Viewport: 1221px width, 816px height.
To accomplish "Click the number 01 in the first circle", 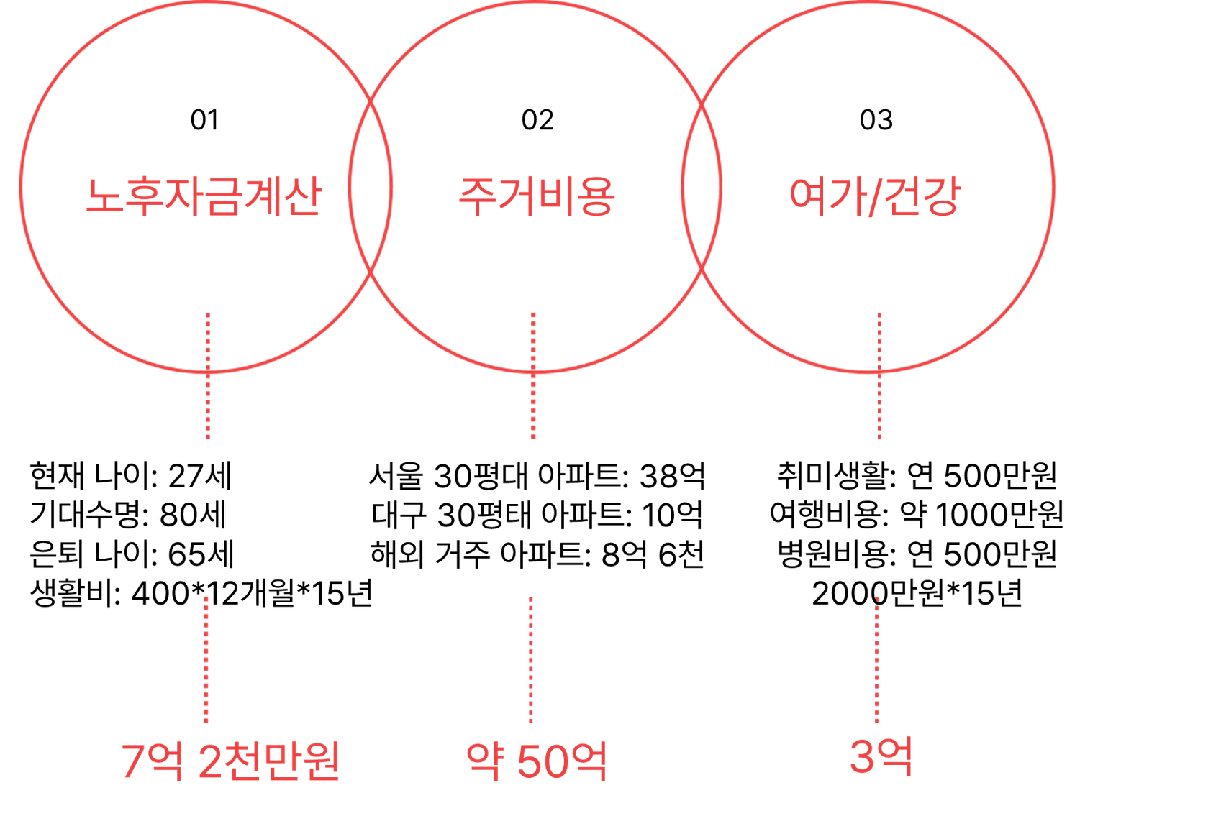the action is click(204, 120).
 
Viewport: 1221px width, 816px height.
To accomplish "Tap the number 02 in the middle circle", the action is click(537, 120).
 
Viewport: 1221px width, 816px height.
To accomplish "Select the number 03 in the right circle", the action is click(876, 120).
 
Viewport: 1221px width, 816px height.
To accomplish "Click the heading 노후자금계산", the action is click(204, 196).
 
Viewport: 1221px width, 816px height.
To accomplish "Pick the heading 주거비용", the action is click(537, 196).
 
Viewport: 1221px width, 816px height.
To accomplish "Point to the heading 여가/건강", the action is click(876, 196).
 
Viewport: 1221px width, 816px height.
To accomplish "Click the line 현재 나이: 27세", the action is click(131, 475).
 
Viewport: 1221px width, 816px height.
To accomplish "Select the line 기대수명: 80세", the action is click(128, 515).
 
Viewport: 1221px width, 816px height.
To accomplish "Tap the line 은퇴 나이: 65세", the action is click(132, 554).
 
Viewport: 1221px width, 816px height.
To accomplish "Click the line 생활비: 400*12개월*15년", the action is click(201, 593).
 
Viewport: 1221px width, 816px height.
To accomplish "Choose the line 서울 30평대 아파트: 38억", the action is click(537, 475).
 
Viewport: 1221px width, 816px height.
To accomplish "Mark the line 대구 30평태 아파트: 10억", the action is click(537, 515).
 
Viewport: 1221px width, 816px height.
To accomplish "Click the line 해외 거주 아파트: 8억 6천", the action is click(537, 554).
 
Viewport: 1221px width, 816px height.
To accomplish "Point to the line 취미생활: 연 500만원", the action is click(917, 475).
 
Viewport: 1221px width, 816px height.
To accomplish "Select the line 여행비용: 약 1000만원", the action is click(917, 515).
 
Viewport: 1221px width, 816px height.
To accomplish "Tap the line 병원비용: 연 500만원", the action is click(917, 554).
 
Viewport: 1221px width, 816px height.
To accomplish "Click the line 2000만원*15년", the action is click(917, 593).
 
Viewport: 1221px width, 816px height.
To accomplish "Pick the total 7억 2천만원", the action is click(230, 761).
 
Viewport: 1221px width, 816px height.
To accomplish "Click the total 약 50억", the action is click(537, 761).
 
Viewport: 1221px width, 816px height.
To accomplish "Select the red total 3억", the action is click(881, 756).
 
